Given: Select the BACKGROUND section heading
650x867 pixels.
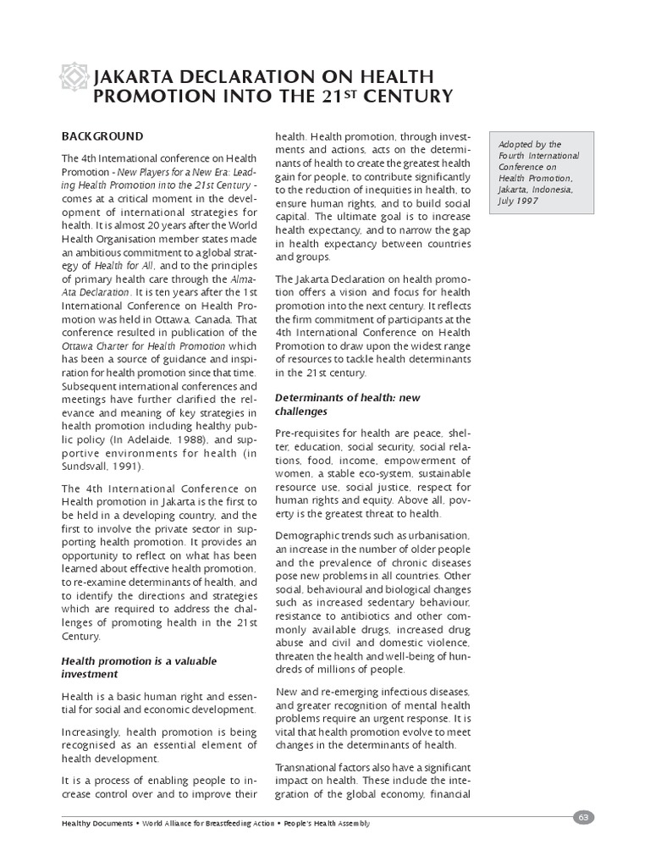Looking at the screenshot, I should click(102, 136).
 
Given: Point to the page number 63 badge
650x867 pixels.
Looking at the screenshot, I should click(584, 816).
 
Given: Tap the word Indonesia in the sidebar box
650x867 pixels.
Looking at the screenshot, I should click(553, 190).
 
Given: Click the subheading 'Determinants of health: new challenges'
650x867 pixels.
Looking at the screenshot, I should click(347, 404).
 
